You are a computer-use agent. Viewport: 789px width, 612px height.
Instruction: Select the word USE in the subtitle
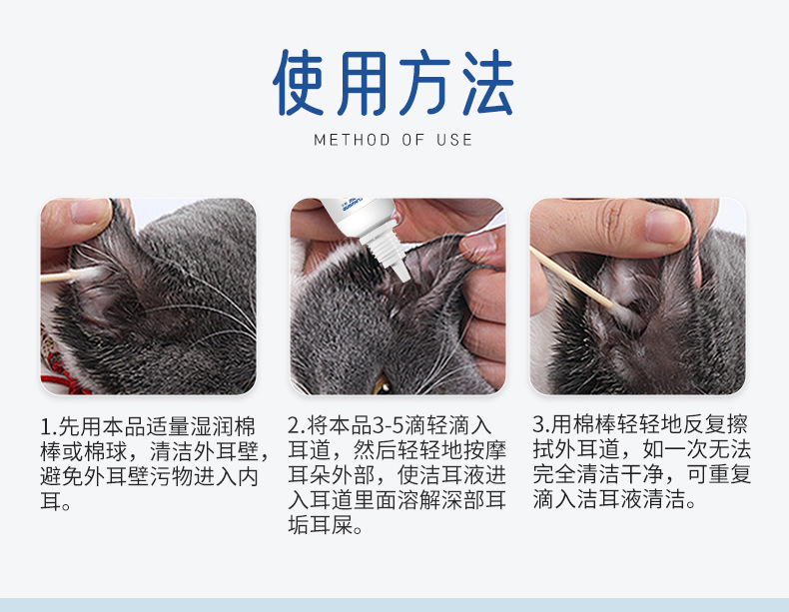click(454, 140)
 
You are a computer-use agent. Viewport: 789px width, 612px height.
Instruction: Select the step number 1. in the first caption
click(47, 426)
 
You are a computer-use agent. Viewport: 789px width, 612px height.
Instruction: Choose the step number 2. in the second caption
click(295, 426)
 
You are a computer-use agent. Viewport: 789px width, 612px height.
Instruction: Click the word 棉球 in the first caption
click(125, 451)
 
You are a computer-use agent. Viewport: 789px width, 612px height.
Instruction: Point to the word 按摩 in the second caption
click(483, 451)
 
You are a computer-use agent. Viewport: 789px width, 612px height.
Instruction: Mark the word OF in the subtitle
click(413, 140)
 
